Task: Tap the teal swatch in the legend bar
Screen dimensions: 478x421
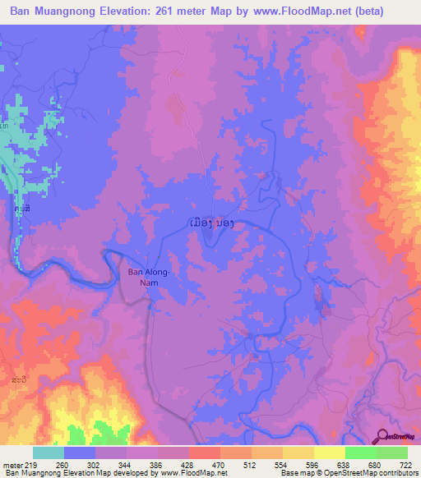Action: [x=49, y=453]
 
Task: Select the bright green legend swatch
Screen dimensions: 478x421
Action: [x=361, y=453]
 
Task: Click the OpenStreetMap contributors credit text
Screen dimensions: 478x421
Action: [x=372, y=474]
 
